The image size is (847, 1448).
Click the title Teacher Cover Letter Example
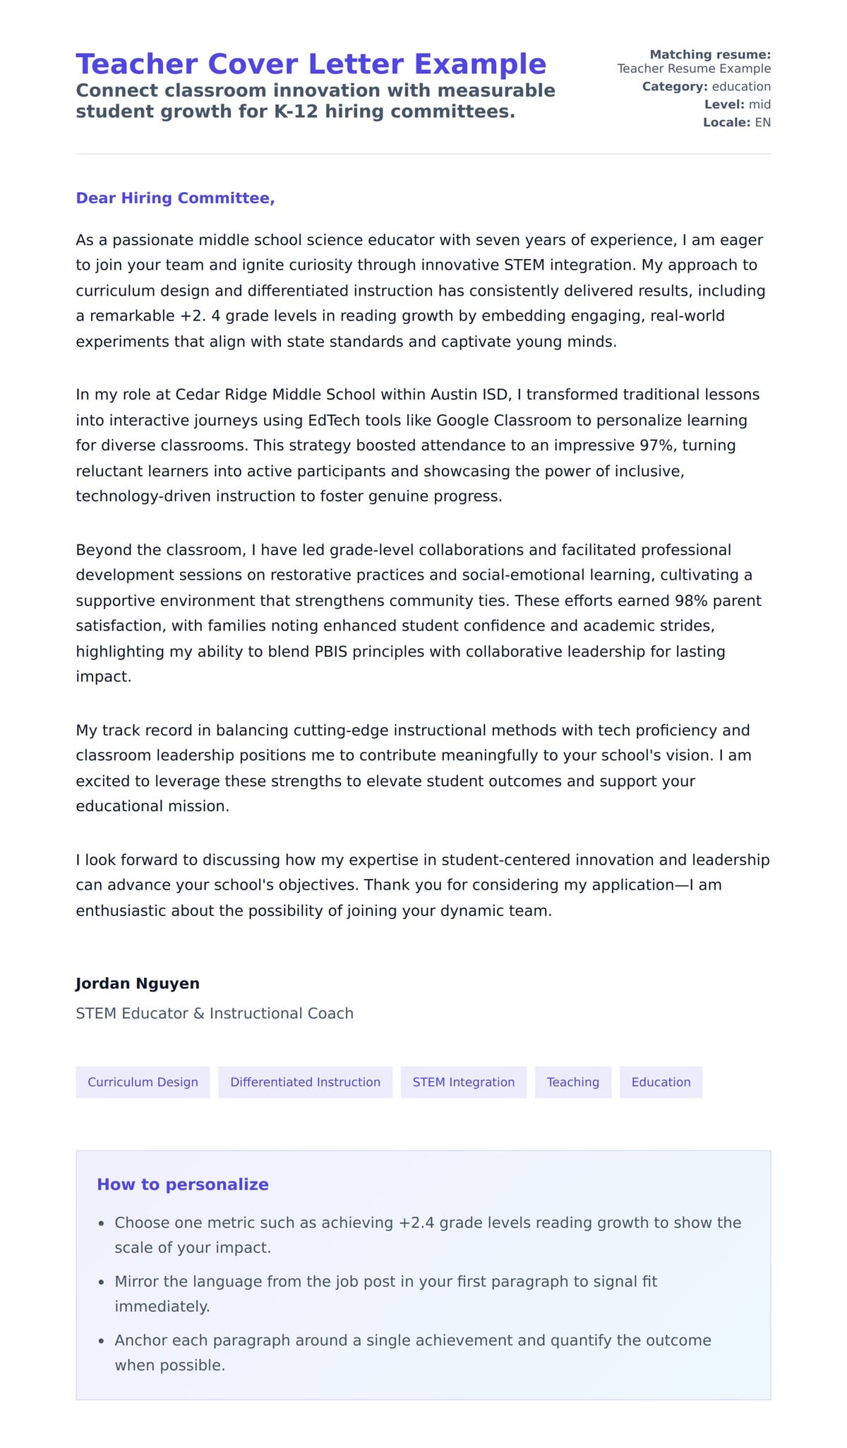pos(311,64)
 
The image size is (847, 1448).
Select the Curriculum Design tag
pos(143,1082)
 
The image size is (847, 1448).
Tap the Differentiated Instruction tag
pos(305,1082)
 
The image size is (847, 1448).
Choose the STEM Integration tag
pos(463,1082)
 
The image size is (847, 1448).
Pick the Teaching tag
pos(572,1082)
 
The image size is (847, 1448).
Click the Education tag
pos(661,1082)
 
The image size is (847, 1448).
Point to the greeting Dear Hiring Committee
pos(175,198)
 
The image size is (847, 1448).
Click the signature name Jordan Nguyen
pos(138,983)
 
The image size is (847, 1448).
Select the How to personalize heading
pos(183,1185)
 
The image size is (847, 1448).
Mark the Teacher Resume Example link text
pos(694,68)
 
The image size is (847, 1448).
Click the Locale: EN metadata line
pos(736,122)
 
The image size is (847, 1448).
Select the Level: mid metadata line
pos(737,104)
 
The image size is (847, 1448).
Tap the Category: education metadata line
pos(706,87)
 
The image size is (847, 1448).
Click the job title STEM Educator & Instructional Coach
pos(215,1013)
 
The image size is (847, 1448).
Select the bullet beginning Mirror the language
pos(385,1281)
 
